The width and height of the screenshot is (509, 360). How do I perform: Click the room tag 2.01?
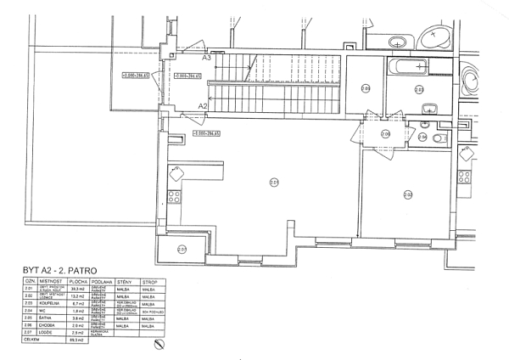click(x=274, y=181)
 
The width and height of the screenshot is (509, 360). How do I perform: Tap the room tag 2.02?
click(x=408, y=194)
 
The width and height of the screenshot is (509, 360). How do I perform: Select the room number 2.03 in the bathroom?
click(x=418, y=87)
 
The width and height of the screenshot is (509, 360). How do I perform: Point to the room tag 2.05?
click(x=366, y=87)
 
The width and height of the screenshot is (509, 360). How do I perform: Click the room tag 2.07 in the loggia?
click(x=182, y=249)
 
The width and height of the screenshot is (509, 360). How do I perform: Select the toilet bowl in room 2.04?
click(x=439, y=138)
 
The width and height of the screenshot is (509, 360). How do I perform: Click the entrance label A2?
click(x=203, y=105)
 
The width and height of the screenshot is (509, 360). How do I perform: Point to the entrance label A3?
click(x=206, y=58)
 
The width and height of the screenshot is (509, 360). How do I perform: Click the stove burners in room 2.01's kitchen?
click(x=174, y=196)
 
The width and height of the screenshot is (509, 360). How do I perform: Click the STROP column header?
click(x=152, y=281)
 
